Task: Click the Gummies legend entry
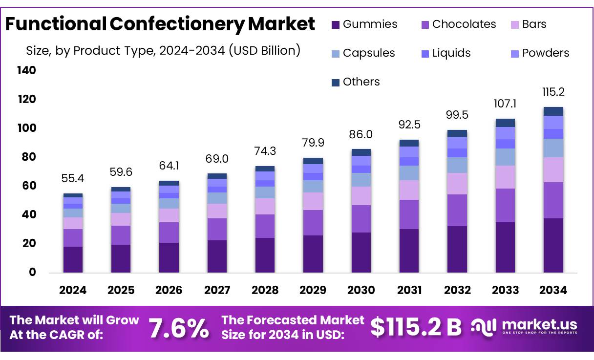click(x=364, y=24)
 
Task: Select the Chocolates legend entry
click(x=458, y=24)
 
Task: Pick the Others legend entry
click(x=356, y=82)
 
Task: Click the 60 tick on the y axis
click(x=29, y=186)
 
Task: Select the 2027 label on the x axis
click(x=217, y=290)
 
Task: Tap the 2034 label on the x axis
click(x=553, y=290)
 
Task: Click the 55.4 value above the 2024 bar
click(x=73, y=179)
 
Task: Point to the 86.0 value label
click(x=361, y=134)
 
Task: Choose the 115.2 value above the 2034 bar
click(x=553, y=92)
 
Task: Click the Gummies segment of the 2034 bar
click(x=553, y=245)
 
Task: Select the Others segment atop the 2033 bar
click(x=505, y=123)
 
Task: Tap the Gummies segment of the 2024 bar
click(x=73, y=259)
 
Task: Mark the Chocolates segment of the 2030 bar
click(x=361, y=219)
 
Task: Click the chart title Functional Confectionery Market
click(x=160, y=23)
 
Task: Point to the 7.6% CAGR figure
click(x=179, y=328)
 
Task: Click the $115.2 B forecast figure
click(x=416, y=328)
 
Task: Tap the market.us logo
click(x=524, y=327)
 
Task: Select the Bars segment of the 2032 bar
click(x=457, y=184)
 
